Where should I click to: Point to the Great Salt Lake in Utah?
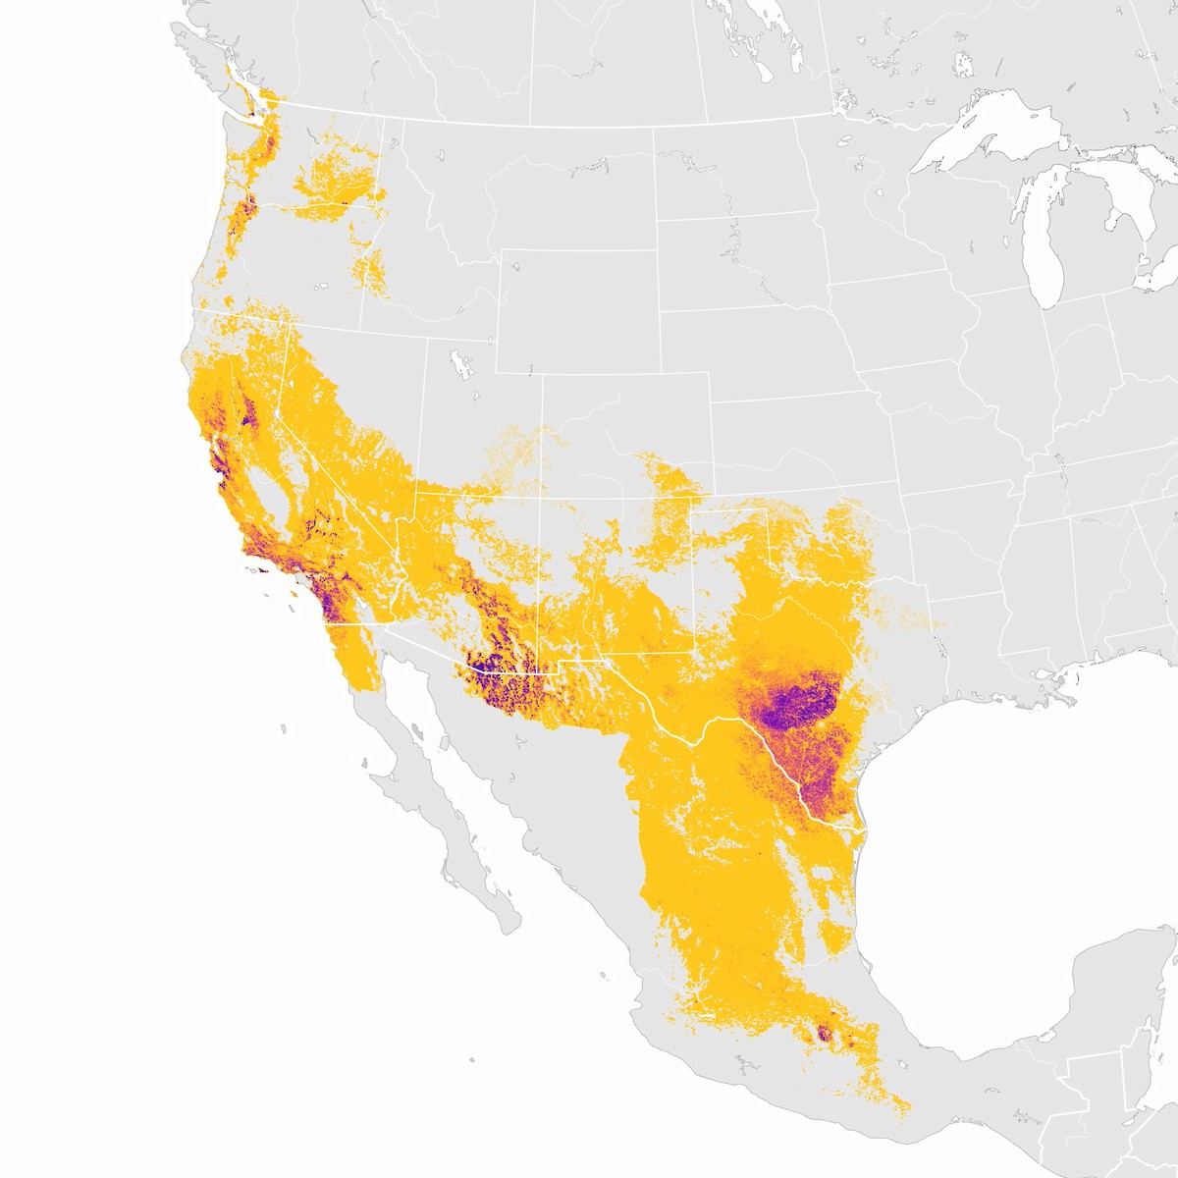coord(457,363)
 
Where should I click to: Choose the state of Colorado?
coord(623,432)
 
